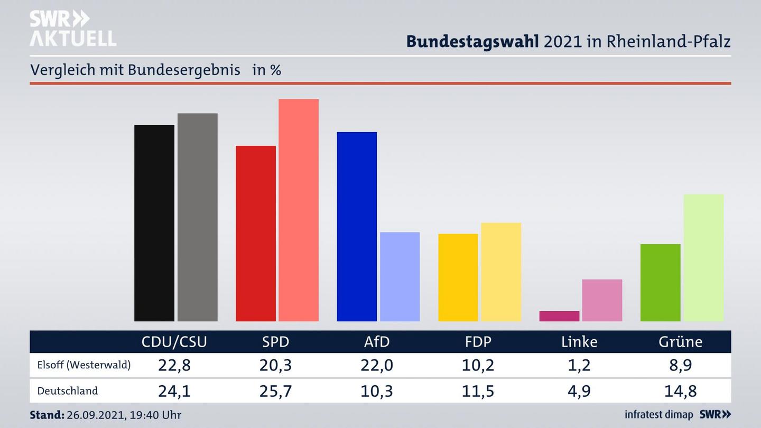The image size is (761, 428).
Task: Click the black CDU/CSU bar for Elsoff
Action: tap(154, 223)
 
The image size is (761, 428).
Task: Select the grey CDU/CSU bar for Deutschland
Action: tap(197, 217)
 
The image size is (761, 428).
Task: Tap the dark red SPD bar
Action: tap(255, 233)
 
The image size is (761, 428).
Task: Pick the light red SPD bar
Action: tap(299, 210)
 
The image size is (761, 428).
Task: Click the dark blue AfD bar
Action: tap(357, 226)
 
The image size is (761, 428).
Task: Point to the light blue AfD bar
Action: tap(400, 276)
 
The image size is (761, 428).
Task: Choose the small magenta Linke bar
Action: tap(559, 316)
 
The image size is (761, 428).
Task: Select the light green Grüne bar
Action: tap(703, 257)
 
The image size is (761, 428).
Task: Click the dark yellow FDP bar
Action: tap(458, 277)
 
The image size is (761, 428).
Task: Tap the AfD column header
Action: tap(377, 342)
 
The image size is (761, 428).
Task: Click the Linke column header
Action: tap(579, 342)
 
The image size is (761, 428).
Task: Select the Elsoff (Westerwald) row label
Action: tap(84, 365)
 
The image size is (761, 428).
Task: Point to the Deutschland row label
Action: tap(68, 391)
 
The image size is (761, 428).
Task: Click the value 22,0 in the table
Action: tap(377, 365)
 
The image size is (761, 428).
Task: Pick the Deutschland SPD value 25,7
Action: tap(276, 391)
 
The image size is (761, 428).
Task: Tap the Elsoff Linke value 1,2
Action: tap(579, 365)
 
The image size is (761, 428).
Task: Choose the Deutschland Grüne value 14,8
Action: tap(681, 391)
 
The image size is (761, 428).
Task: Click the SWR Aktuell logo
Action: tap(72, 29)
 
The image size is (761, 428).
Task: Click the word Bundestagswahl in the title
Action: tap(472, 41)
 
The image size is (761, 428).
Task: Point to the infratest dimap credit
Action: tap(658, 415)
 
